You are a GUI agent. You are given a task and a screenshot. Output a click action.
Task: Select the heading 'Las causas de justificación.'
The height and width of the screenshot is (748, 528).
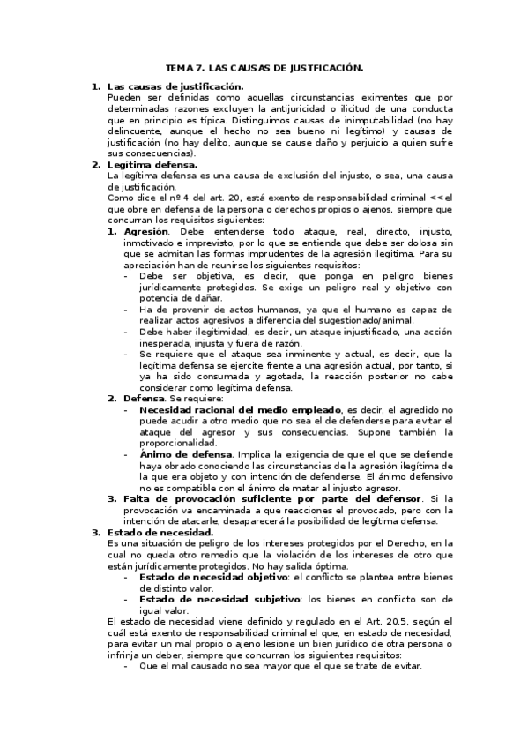coord(175,86)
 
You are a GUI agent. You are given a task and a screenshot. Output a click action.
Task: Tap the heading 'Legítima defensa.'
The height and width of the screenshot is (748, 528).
coord(152,164)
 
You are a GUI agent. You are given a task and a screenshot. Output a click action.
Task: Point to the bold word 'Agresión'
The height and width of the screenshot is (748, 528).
coord(146,229)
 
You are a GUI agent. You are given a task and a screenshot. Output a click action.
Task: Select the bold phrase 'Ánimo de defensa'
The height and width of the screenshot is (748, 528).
coord(181,454)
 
